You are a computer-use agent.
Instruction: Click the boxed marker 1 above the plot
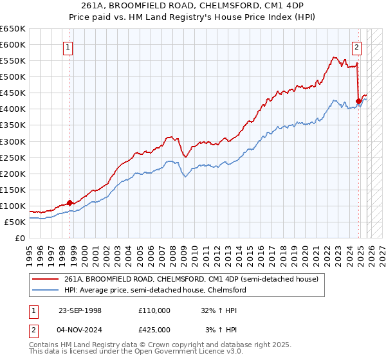pos(68,46)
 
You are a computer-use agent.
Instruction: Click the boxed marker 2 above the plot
pos(356,46)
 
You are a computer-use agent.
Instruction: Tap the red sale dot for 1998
pos(69,203)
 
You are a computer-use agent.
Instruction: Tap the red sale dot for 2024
pos(358,101)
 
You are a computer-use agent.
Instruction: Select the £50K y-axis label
pos(14,222)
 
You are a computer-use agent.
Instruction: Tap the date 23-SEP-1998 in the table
pos(80,310)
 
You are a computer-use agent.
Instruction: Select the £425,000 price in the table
pos(154,329)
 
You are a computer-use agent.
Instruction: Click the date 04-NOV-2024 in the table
pos(80,329)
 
